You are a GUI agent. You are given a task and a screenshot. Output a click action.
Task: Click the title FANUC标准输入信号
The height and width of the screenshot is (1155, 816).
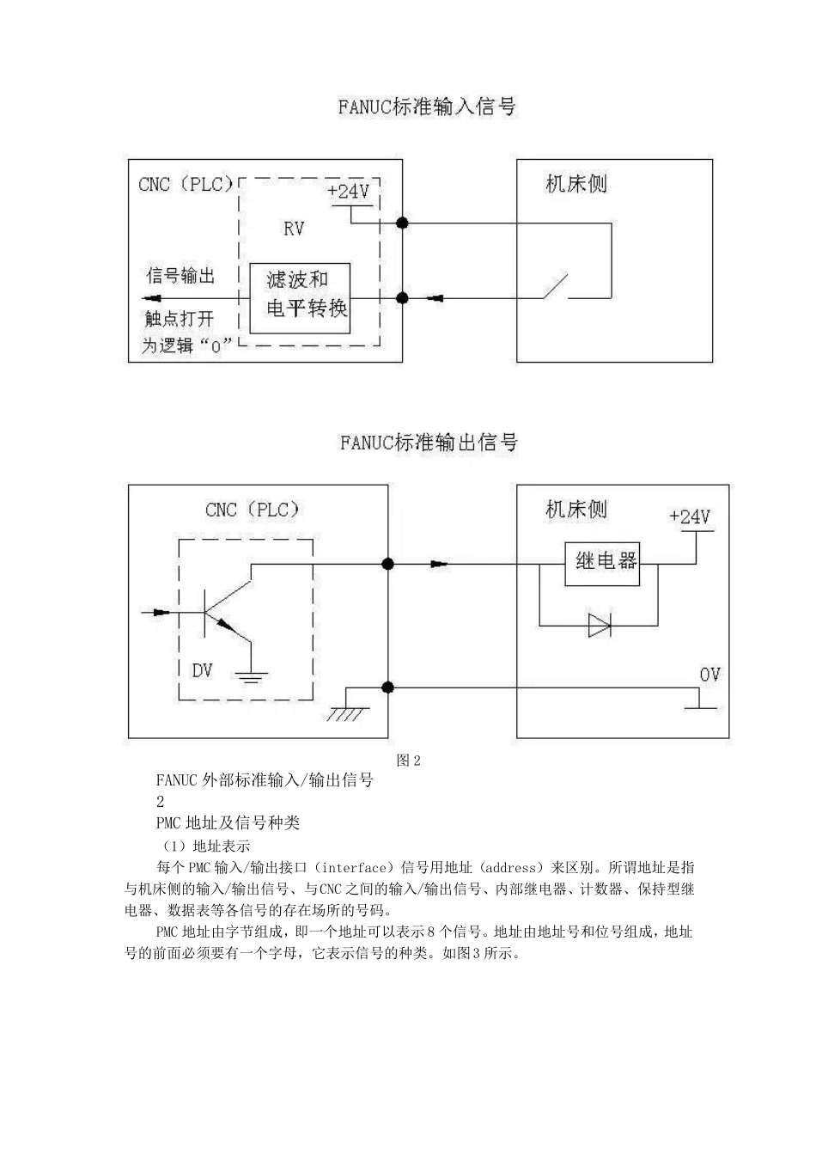[427, 107]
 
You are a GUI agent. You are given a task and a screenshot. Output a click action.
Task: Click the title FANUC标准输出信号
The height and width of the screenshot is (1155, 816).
[429, 443]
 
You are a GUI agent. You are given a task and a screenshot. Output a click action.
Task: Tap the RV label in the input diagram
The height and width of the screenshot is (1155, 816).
[294, 229]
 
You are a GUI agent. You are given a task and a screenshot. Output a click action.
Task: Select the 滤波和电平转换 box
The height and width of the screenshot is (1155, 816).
[300, 298]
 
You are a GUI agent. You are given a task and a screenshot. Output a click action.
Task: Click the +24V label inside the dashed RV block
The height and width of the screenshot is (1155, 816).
[349, 192]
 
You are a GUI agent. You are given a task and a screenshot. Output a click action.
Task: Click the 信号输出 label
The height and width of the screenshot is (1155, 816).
[180, 275]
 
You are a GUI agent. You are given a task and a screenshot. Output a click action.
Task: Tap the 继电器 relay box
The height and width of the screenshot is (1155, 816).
[602, 564]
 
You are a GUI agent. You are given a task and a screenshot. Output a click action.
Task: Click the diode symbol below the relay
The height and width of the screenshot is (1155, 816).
[600, 626]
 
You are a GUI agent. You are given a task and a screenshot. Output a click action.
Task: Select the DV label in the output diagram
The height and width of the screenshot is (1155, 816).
[202, 670]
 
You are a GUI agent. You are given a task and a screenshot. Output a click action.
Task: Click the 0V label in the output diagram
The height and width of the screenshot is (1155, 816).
[709, 675]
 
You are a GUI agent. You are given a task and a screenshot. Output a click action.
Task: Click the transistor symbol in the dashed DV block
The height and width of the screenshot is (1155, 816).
[227, 614]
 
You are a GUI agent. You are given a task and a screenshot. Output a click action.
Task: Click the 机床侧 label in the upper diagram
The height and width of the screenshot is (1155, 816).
[576, 184]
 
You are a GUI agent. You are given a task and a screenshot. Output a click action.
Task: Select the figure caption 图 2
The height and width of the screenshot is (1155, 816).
[408, 760]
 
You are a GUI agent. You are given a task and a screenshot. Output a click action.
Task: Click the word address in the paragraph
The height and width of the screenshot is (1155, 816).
[511, 868]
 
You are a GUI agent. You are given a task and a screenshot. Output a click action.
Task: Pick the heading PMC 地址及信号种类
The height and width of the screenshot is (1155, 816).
[228, 822]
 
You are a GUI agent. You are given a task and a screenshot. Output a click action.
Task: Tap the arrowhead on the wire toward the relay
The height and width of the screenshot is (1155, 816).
[439, 564]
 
